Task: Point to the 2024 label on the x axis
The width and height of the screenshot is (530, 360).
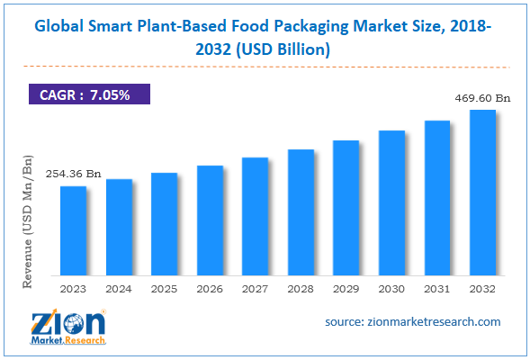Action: click(119, 289)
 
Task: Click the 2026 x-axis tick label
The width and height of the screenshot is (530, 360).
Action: click(210, 289)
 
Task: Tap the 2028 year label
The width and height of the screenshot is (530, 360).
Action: click(301, 289)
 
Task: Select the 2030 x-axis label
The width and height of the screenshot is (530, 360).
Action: click(391, 289)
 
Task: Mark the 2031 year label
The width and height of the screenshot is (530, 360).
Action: click(436, 289)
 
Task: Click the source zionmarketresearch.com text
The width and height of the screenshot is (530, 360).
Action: click(413, 321)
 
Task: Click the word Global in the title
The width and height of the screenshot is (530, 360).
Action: click(60, 30)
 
